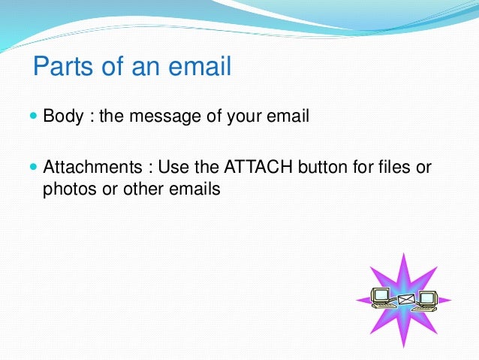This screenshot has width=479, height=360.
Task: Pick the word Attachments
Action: click(89, 166)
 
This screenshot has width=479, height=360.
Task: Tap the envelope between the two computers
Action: click(405, 299)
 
